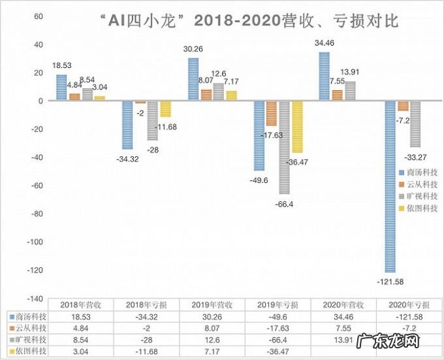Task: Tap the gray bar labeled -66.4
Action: coord(284,147)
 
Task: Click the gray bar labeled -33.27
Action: coord(416,124)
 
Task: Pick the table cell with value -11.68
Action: coord(145,352)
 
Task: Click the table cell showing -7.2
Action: coord(409,328)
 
